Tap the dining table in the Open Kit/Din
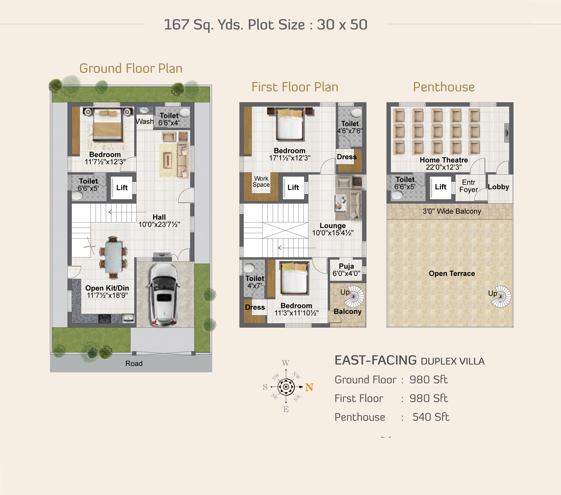pyautogui.click(x=114, y=257)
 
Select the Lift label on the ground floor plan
pyautogui.click(x=122, y=188)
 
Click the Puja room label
pyautogui.click(x=346, y=266)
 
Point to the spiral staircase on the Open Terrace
pyautogui.click(x=501, y=296)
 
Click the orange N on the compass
pyautogui.click(x=309, y=387)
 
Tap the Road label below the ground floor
pyautogui.click(x=134, y=363)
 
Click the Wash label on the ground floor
pyautogui.click(x=144, y=121)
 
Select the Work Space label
pyautogui.click(x=261, y=182)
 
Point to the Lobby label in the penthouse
pyautogui.click(x=499, y=187)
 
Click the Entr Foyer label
pyautogui.click(x=469, y=186)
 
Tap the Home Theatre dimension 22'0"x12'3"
pyautogui.click(x=444, y=167)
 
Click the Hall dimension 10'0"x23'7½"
pyautogui.click(x=159, y=224)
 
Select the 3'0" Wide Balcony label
pyautogui.click(x=452, y=211)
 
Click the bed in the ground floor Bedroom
pyautogui.click(x=107, y=124)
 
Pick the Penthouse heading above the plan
pyautogui.click(x=444, y=87)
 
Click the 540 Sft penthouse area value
pyautogui.click(x=430, y=417)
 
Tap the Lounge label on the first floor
pyautogui.click(x=332, y=226)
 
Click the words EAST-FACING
pyautogui.click(x=375, y=360)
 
